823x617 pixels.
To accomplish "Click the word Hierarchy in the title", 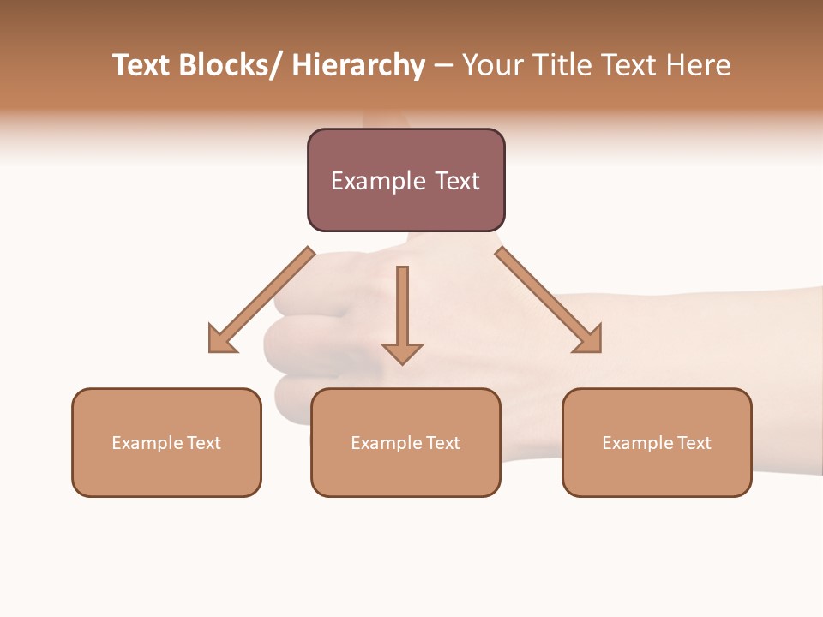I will pyautogui.click(x=357, y=65).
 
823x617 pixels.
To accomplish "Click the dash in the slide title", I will pyautogui.click(x=443, y=65).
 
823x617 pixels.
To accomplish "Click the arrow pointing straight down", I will pyautogui.click(x=402, y=308).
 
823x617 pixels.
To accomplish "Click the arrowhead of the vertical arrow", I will pyautogui.click(x=402, y=352).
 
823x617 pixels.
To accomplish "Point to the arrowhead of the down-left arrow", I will pyautogui.click(x=220, y=341).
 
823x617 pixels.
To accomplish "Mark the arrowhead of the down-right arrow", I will pyautogui.click(x=590, y=340).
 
